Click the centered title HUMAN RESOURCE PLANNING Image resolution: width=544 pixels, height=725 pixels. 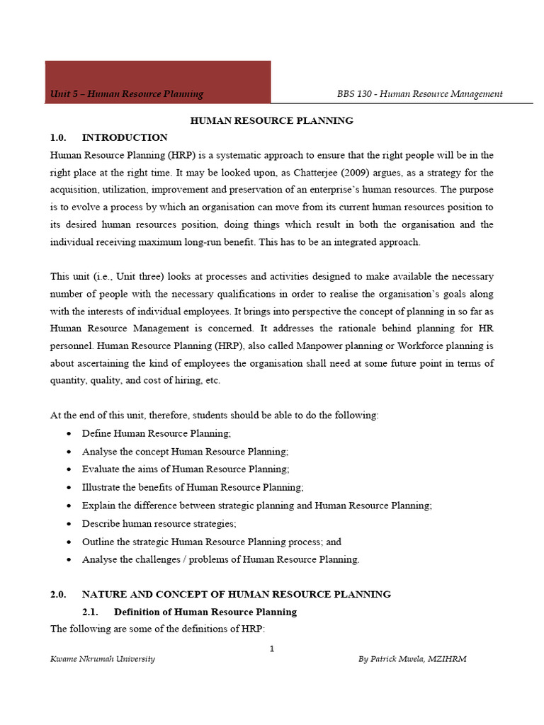[272, 120]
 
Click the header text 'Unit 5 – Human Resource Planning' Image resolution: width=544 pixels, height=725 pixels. [127, 93]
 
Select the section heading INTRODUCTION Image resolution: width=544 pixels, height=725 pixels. [125, 137]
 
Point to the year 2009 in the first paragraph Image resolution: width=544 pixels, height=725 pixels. [371, 172]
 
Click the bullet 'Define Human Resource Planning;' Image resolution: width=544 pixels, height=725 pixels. [157, 433]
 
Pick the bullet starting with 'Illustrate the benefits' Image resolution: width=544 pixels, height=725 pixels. [193, 487]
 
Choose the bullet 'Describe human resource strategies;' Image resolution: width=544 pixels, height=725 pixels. [159, 523]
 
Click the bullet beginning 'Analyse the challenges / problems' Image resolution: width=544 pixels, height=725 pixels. [221, 559]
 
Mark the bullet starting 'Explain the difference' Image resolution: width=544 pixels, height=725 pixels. [257, 506]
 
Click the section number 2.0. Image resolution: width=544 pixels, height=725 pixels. [58, 594]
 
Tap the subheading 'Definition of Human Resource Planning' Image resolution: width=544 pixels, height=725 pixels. [205, 612]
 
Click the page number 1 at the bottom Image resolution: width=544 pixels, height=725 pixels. [272, 649]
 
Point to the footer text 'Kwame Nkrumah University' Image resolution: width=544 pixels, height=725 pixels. [103, 658]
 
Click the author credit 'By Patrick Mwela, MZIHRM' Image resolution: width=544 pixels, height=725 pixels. [412, 658]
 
